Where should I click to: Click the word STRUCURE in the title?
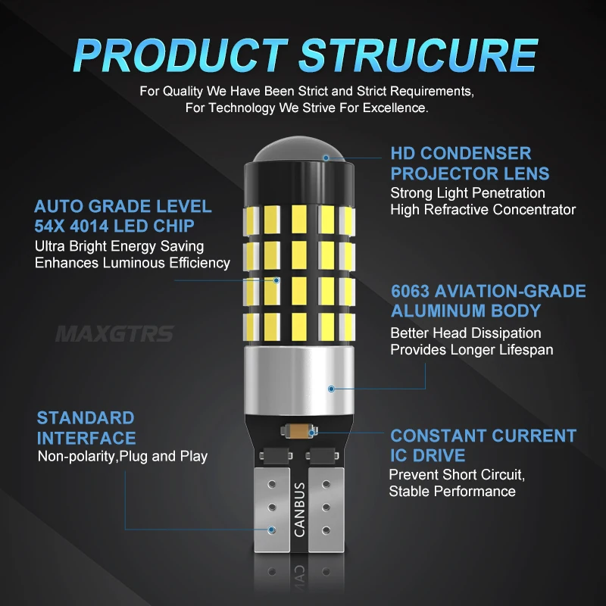pos(419,55)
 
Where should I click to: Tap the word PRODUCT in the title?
pos(180,55)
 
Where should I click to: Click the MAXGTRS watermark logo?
pos(115,334)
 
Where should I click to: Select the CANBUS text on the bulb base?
pos(299,509)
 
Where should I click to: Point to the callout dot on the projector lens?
pos(326,158)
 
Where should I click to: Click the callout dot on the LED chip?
pos(276,280)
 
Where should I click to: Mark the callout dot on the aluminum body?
pos(331,389)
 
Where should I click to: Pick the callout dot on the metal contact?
pos(272,529)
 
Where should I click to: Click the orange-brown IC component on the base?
pos(298,431)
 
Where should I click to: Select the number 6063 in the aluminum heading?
pos(410,292)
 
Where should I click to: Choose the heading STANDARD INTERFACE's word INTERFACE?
pos(86,439)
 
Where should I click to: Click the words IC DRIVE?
pos(427,455)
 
